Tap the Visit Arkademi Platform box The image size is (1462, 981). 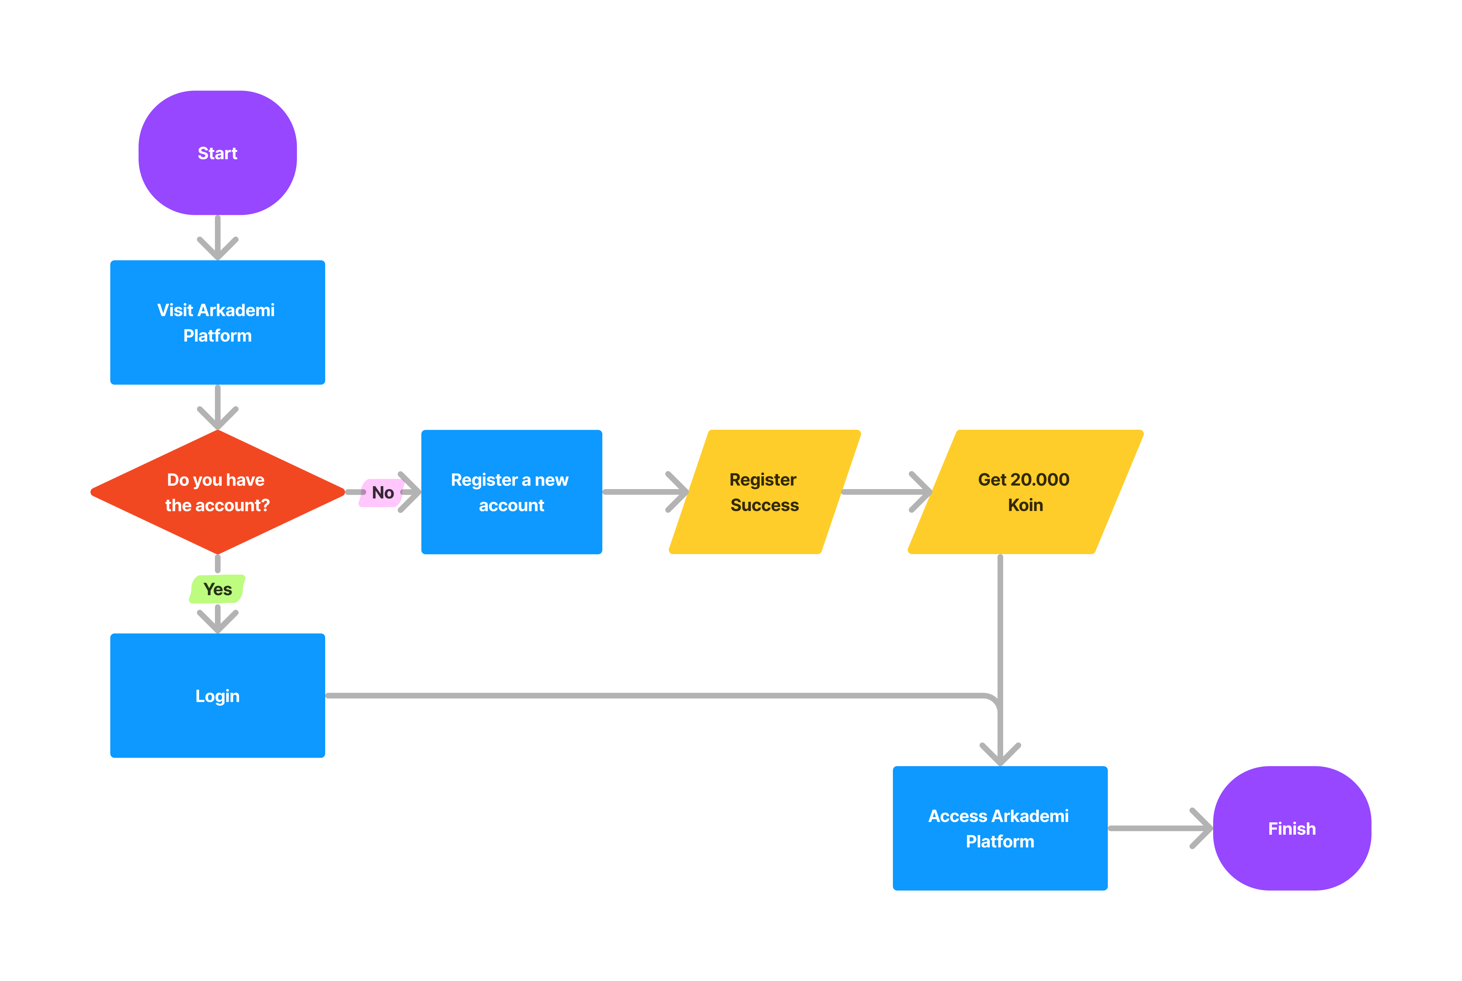217,322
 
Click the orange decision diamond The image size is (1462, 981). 217,492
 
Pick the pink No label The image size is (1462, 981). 382,492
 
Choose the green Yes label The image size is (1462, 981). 217,589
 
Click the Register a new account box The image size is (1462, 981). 511,492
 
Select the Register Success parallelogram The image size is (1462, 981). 764,492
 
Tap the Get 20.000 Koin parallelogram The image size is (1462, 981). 1024,492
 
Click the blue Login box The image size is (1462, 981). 217,696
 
